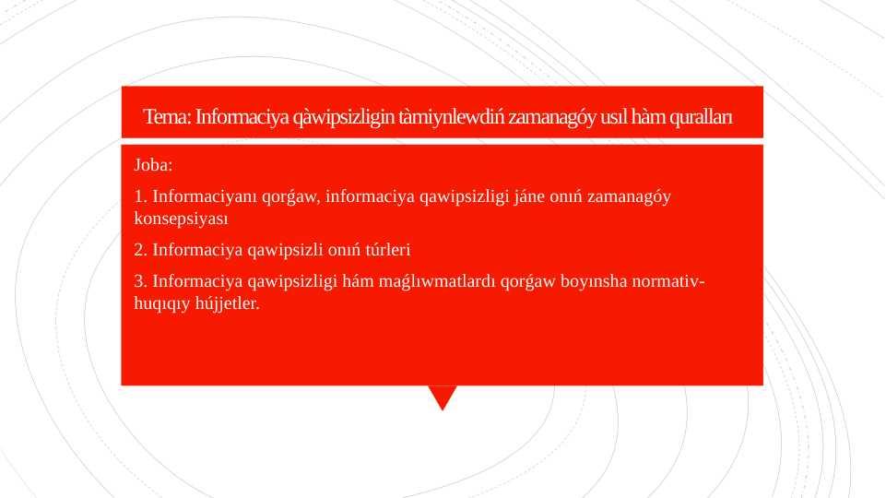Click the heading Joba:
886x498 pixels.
point(154,166)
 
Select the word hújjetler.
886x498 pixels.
point(228,303)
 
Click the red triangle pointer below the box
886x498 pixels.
point(443,397)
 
